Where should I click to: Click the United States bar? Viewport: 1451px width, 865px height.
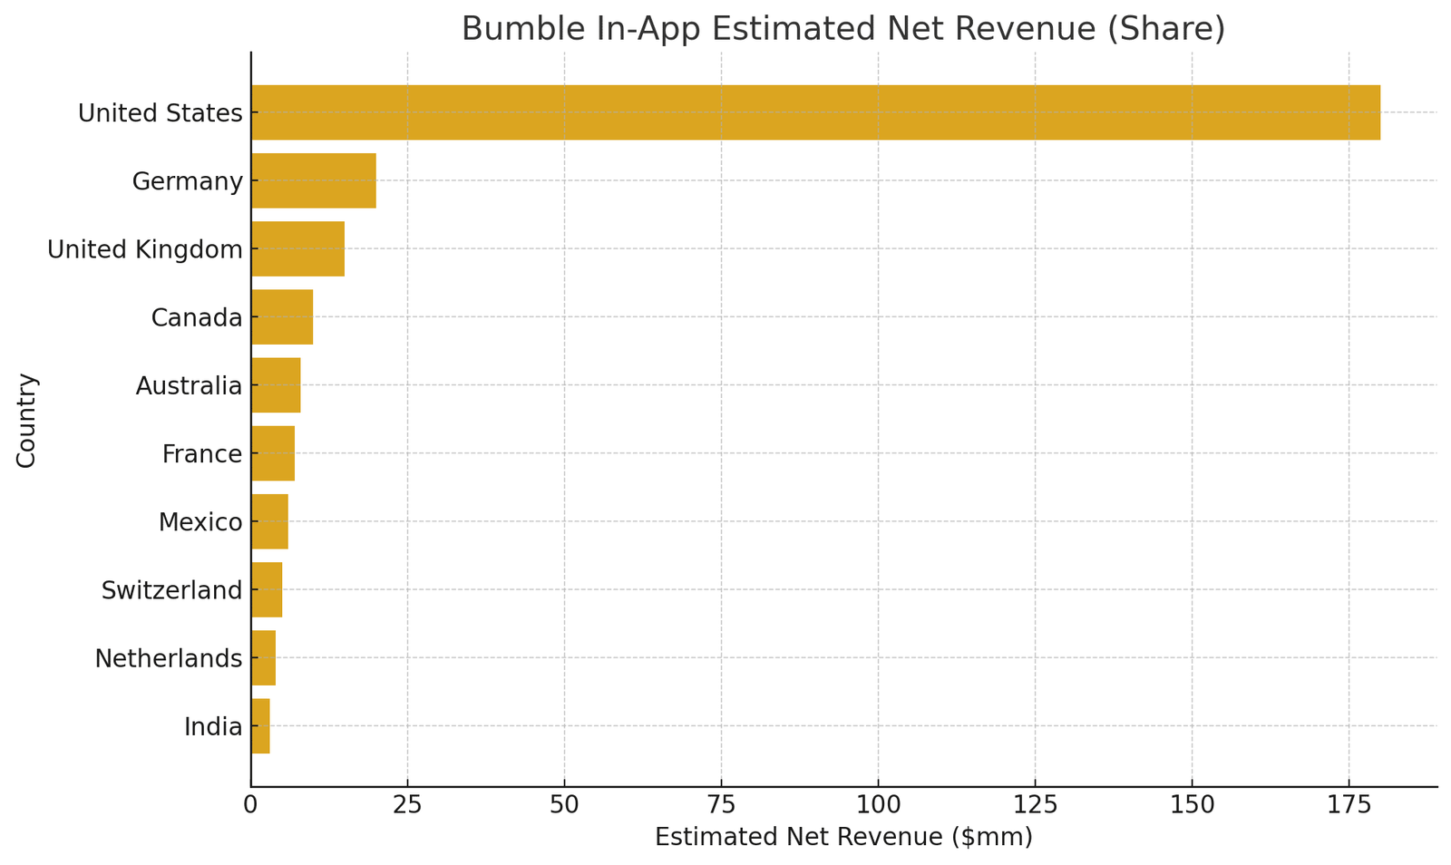point(815,112)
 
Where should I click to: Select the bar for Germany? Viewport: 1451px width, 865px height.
point(314,180)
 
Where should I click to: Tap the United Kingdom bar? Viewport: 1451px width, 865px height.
point(297,248)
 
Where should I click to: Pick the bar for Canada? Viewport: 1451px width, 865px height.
point(282,316)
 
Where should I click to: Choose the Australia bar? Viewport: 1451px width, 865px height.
point(276,385)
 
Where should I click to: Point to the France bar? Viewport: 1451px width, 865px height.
point(273,453)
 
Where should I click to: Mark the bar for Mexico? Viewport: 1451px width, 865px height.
point(269,521)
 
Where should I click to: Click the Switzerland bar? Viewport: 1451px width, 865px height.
point(267,589)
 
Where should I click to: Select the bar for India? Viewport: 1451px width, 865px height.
point(260,725)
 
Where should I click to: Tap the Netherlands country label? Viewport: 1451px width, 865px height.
point(169,658)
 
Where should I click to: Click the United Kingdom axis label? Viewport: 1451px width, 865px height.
point(145,249)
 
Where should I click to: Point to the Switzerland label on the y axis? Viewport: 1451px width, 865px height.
point(172,590)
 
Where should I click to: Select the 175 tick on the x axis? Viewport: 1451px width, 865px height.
point(1349,804)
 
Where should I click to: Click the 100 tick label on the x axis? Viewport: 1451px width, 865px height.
point(878,804)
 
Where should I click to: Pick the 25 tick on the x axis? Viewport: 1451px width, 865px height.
point(407,804)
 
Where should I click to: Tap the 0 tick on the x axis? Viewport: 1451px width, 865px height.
point(251,804)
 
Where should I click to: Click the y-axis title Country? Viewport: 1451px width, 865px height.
point(27,420)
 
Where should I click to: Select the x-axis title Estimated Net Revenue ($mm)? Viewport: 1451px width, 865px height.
point(843,837)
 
